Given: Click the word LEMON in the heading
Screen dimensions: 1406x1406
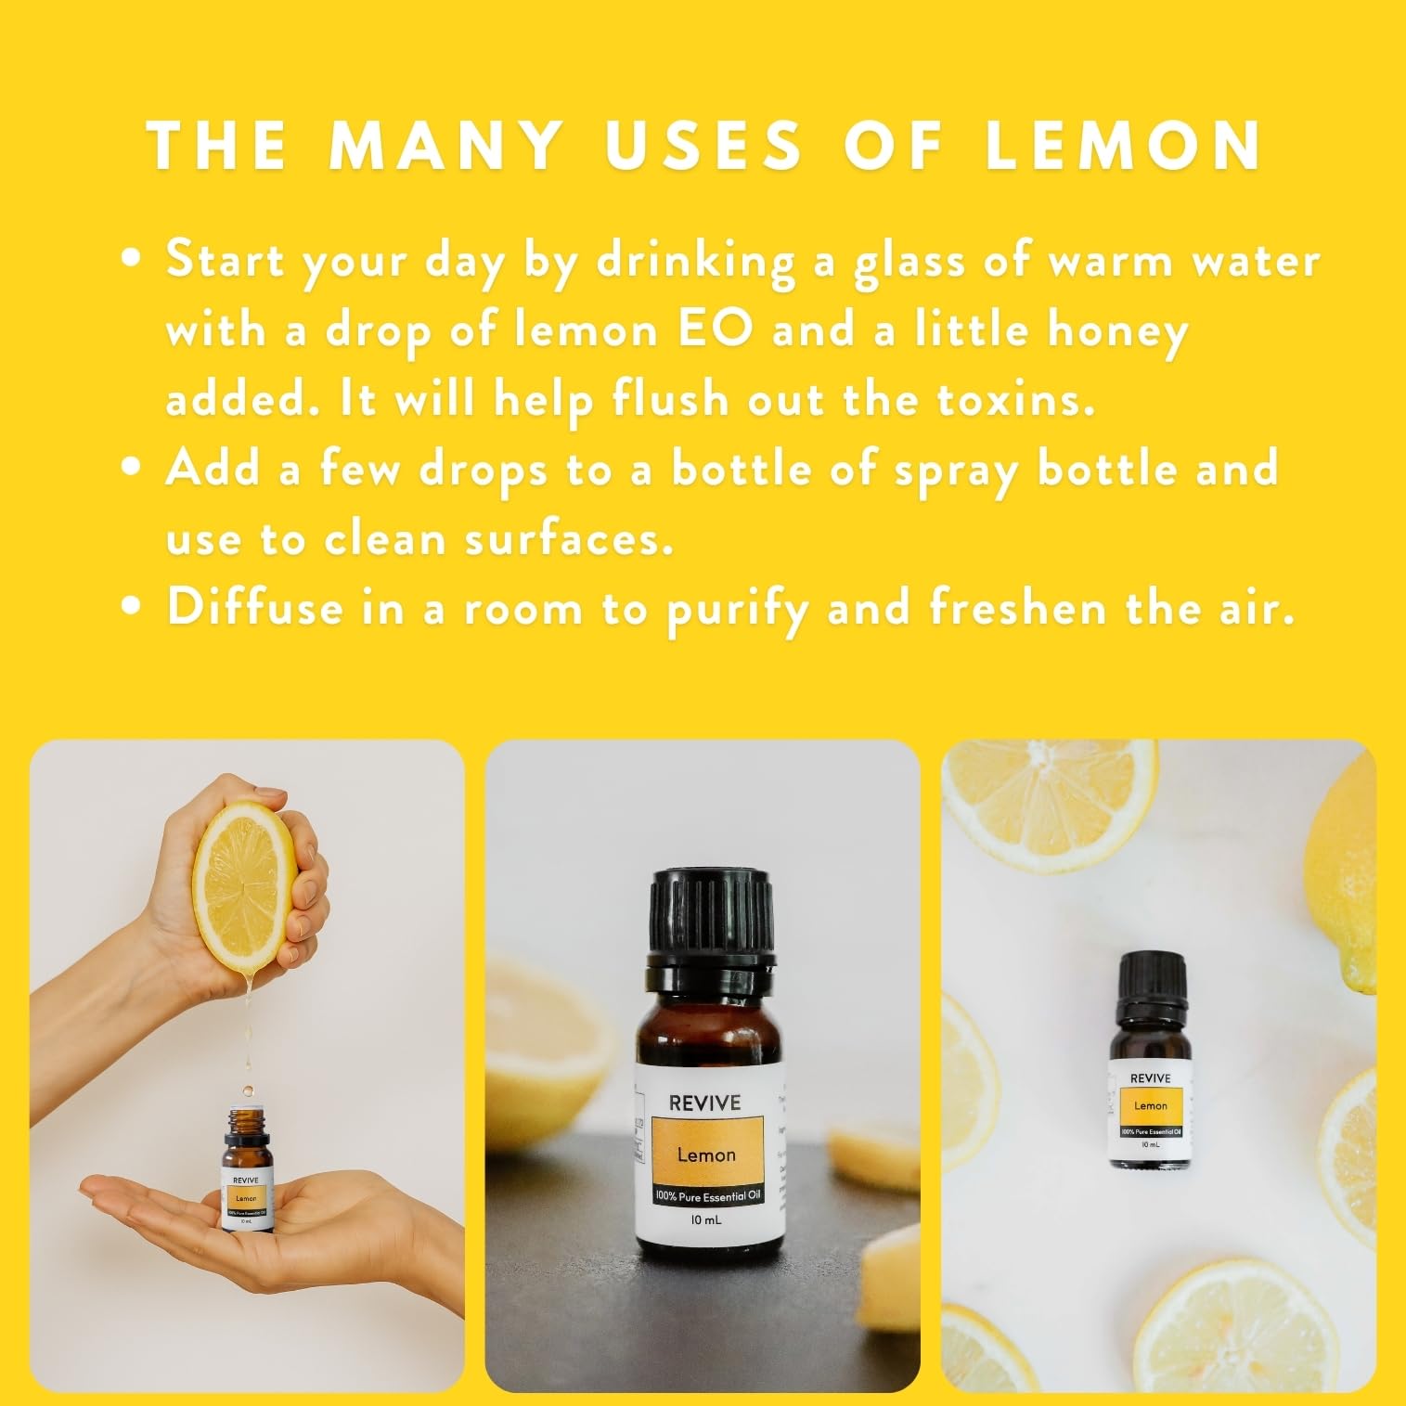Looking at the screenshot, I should [1123, 146].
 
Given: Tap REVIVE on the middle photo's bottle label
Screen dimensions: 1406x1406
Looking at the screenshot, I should [705, 1103].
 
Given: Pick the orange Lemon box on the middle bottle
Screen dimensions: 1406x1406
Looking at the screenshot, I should [705, 1155].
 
